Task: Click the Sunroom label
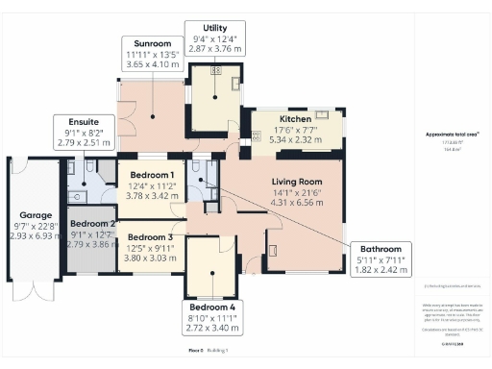[x=152, y=43]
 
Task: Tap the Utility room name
[x=215, y=27]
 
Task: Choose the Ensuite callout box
[x=83, y=135]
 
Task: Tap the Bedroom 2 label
[x=93, y=224]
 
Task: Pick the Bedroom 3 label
[x=151, y=237]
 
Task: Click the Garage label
[x=35, y=215]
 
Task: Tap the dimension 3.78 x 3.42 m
[x=152, y=195]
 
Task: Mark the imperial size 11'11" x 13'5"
[x=152, y=56]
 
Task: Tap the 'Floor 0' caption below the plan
[x=195, y=352]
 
